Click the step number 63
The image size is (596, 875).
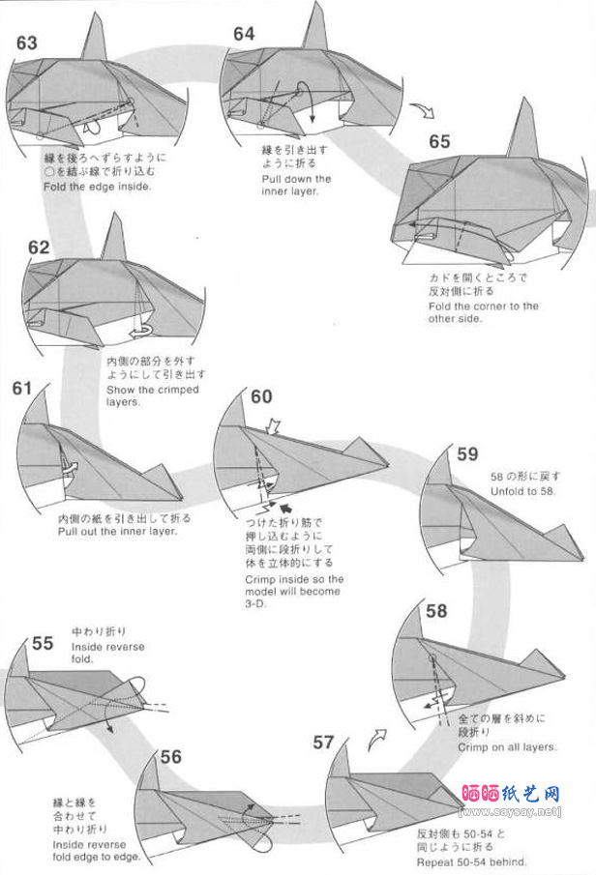coord(27,43)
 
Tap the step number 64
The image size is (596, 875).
coord(244,34)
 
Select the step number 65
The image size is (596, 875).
coord(439,141)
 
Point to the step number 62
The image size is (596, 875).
coord(39,248)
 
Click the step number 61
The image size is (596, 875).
coord(22,389)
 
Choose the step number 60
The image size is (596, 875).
coord(261,397)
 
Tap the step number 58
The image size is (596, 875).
coord(436,610)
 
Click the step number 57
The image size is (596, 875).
coord(323,743)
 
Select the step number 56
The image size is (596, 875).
coord(171,757)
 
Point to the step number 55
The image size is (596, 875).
coord(43,643)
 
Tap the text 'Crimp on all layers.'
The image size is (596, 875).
coord(507,747)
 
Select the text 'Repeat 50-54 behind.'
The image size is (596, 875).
coord(472,861)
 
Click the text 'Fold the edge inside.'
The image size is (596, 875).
coord(98,186)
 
